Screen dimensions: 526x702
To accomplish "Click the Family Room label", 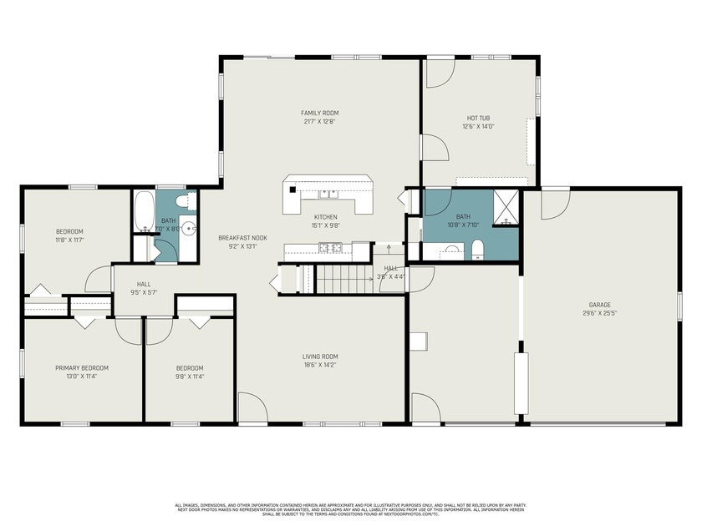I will tap(320, 113).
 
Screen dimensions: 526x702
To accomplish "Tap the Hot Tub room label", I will tap(479, 118).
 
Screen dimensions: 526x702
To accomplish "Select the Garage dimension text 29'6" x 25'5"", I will tap(599, 314).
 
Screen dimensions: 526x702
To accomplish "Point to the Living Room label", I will tap(320, 357).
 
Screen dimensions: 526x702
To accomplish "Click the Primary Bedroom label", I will tap(82, 367).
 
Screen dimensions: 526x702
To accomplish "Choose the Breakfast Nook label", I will tap(242, 237).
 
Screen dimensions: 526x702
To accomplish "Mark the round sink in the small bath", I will tap(191, 227).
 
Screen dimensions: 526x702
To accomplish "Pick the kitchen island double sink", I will tap(327, 195).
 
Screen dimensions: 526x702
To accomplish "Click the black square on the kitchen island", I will tap(292, 190).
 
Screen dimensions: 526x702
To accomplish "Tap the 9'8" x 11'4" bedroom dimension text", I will tap(189, 377).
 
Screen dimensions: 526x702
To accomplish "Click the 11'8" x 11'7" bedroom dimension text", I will tap(69, 240).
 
